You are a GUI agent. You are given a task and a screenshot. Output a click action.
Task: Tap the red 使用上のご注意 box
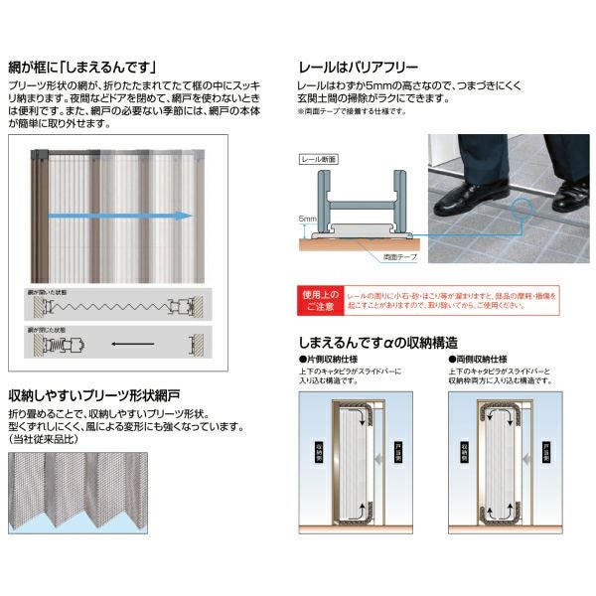click(322, 299)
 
